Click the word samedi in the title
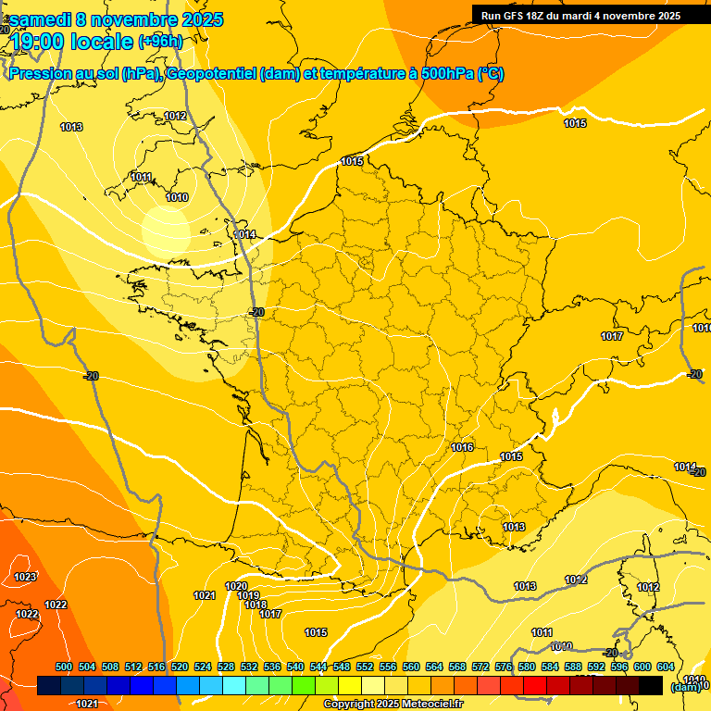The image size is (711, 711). point(41,19)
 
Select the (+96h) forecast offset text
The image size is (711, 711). point(160,42)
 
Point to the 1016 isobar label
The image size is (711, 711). point(462,448)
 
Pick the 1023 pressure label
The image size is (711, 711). point(26,577)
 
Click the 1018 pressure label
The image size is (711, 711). point(256,605)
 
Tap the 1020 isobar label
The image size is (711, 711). point(236,586)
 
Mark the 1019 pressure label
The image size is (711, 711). point(248,595)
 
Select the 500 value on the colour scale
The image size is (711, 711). point(64,667)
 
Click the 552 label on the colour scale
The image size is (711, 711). point(365,667)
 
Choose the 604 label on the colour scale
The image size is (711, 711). point(666,667)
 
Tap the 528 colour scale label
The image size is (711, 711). point(226,667)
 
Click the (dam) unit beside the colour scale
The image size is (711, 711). point(684,686)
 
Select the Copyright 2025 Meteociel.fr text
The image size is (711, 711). point(393,705)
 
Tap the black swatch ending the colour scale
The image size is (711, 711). point(651,685)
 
